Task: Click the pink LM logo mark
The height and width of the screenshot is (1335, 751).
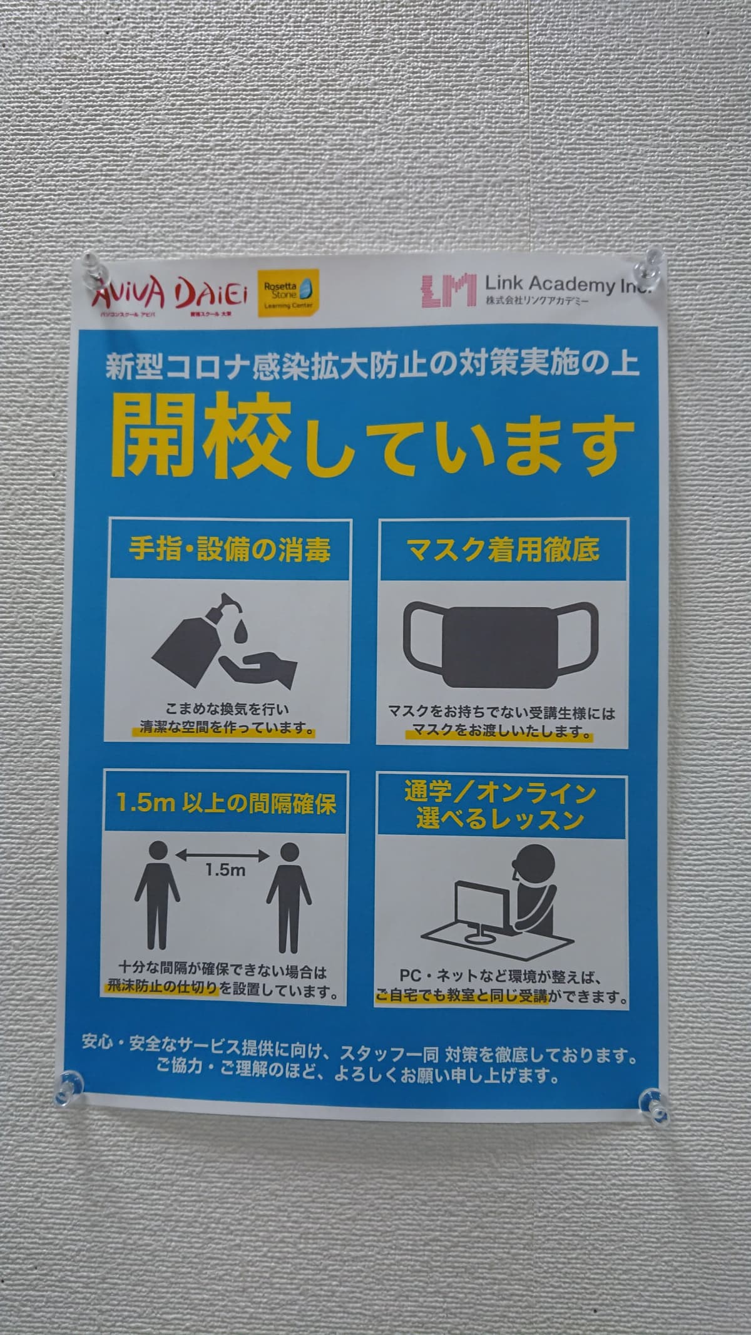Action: [x=446, y=290]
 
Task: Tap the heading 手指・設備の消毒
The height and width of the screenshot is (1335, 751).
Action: [x=230, y=549]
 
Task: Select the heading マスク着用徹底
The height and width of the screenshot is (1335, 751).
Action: [x=503, y=549]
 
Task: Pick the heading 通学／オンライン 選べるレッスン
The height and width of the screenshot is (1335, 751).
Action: [x=499, y=806]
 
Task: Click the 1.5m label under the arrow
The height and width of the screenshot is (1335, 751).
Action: [x=225, y=871]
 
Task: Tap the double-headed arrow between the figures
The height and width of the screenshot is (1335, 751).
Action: [x=224, y=853]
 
